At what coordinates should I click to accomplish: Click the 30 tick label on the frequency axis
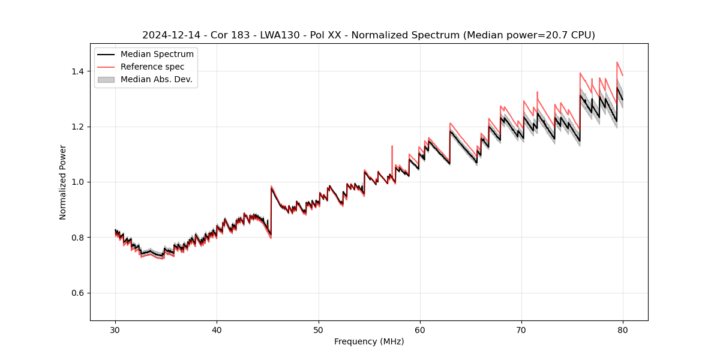(x=115, y=329)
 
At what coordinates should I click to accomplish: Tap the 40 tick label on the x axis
(x=217, y=329)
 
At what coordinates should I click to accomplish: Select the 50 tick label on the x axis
(x=318, y=329)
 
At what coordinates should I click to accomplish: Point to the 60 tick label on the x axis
(x=419, y=329)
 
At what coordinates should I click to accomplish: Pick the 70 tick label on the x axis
(x=521, y=329)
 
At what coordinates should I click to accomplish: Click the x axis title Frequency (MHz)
(x=369, y=341)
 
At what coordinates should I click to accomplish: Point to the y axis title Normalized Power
(x=63, y=182)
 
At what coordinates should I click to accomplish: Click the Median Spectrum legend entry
(x=157, y=55)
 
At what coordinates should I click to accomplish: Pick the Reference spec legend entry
(x=152, y=67)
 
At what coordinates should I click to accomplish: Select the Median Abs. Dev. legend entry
(x=156, y=79)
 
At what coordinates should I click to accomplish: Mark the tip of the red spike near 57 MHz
(x=392, y=146)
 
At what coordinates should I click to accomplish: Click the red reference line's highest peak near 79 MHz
(x=617, y=62)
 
